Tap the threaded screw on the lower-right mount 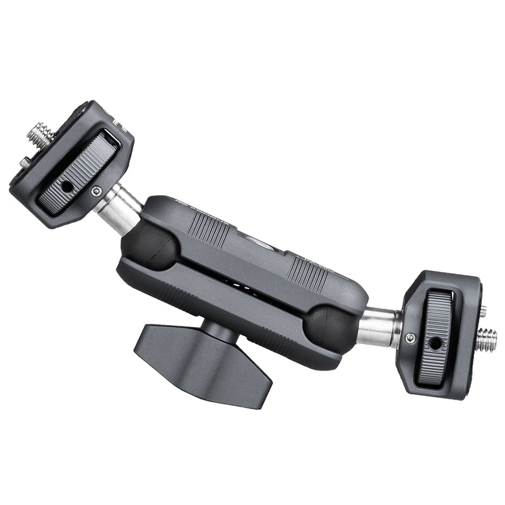tap(486, 339)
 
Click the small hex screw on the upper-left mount tap(96, 191)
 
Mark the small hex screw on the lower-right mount tap(410, 339)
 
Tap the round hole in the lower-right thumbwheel tap(435, 343)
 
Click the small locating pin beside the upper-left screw tap(24, 162)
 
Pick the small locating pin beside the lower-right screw tap(483, 311)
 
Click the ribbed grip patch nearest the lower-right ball tap(307, 273)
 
